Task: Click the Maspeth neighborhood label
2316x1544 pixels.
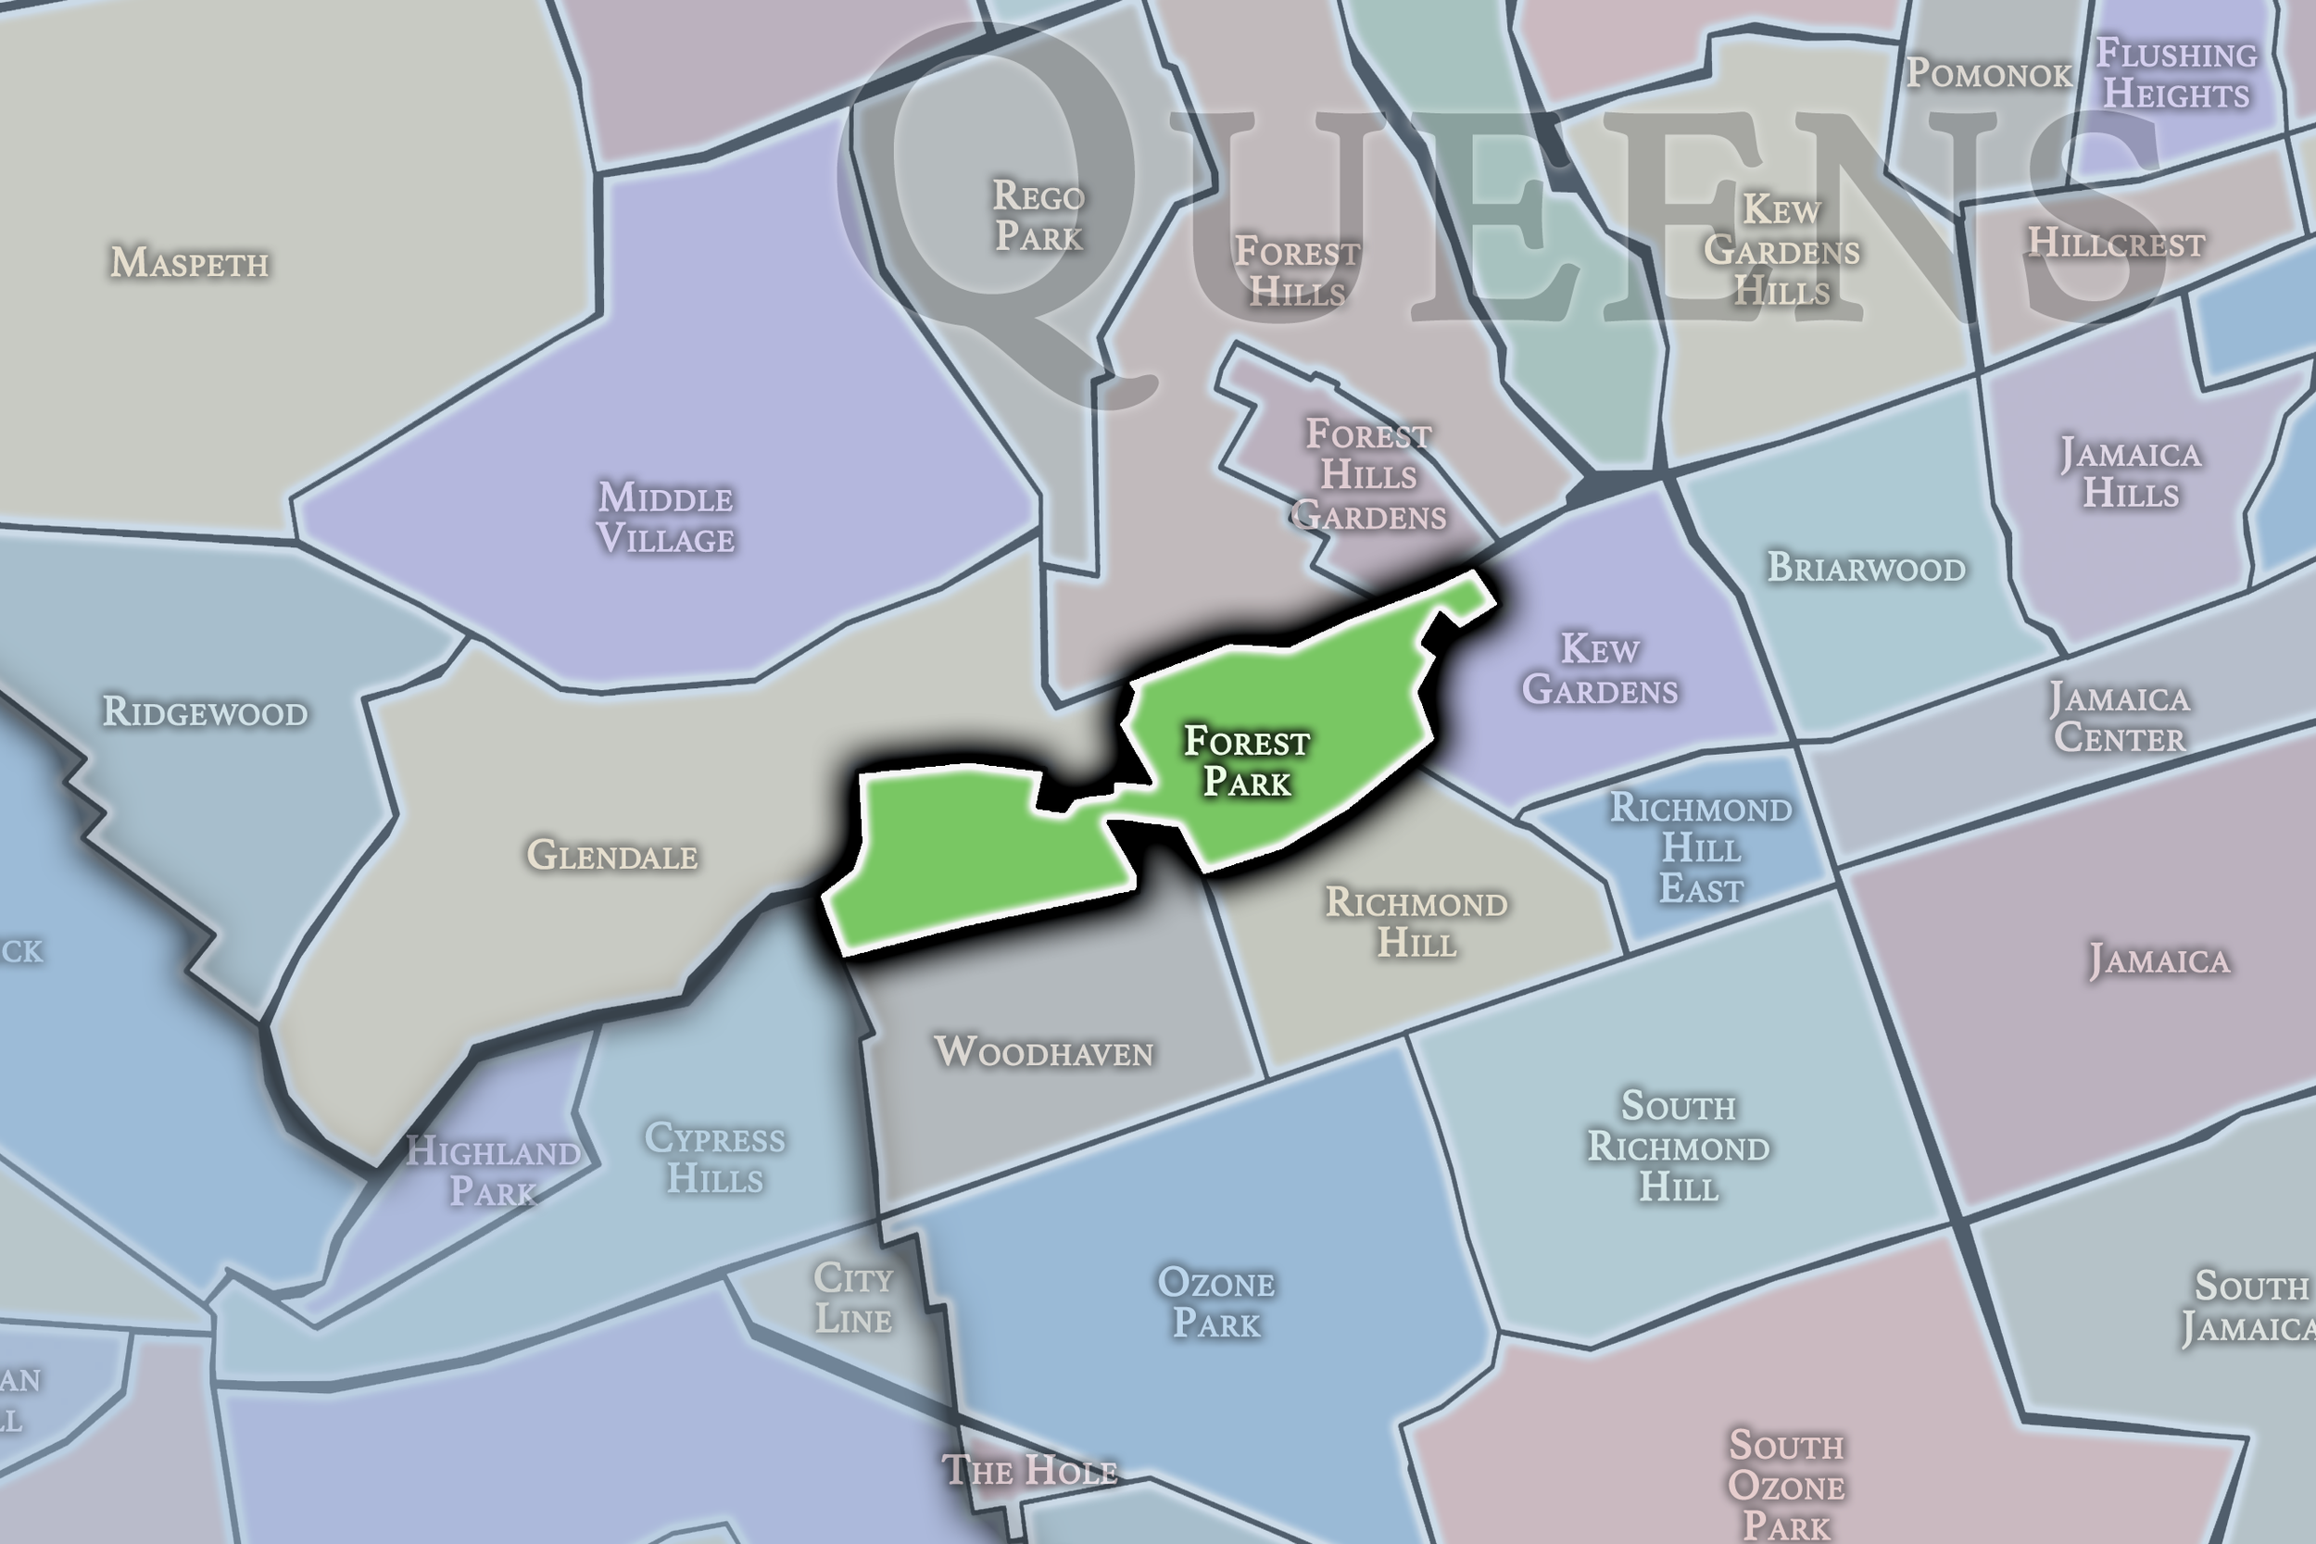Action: click(x=189, y=263)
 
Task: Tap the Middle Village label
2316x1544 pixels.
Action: click(x=666, y=518)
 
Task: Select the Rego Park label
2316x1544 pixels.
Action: click(x=1038, y=216)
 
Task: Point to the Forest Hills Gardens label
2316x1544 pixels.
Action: click(x=1367, y=474)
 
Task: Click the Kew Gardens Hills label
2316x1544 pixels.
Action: click(x=1781, y=250)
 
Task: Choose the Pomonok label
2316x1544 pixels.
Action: click(x=1989, y=74)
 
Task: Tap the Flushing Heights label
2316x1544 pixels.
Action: click(x=2176, y=74)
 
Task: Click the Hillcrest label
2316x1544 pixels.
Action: click(x=2116, y=244)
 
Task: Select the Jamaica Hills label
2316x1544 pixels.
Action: click(x=2131, y=473)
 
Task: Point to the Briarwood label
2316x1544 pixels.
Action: click(x=1866, y=568)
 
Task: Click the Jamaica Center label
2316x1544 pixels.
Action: click(x=2119, y=718)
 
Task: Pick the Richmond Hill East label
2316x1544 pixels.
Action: click(x=1701, y=847)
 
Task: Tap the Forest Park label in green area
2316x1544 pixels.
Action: click(x=1247, y=761)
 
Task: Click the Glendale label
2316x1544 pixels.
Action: click(x=612, y=855)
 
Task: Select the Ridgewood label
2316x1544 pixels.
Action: click(x=205, y=712)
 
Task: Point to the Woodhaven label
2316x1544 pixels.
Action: click(x=1044, y=1051)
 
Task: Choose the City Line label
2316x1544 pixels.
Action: click(x=852, y=1298)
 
